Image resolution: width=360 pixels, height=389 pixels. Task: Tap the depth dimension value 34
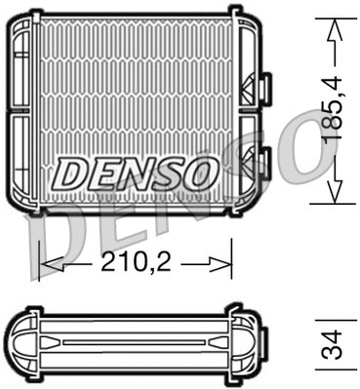(x=334, y=345)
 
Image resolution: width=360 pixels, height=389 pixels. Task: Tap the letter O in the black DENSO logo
(x=194, y=174)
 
